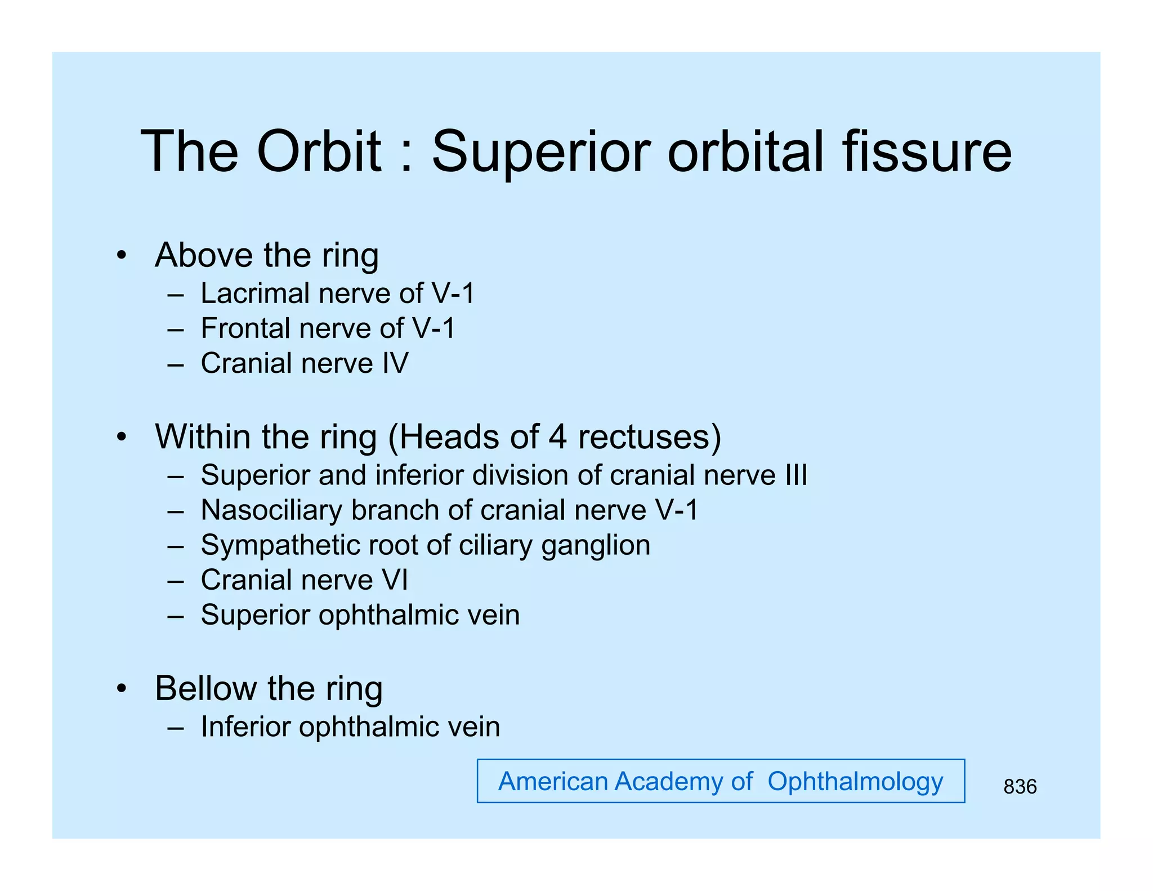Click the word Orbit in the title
(319, 152)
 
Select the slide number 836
(1020, 787)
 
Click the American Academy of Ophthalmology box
(721, 781)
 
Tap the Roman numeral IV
(395, 363)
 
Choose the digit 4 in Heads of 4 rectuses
(557, 437)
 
